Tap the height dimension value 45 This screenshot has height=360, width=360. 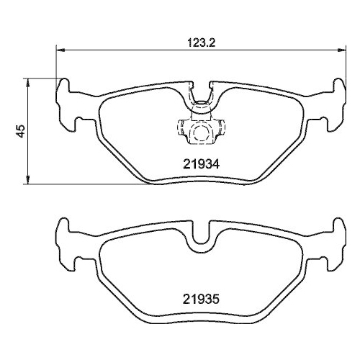pyautogui.click(x=22, y=130)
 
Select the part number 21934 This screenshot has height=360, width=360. pyautogui.click(x=198, y=163)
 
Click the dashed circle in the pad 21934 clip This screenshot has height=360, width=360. pyautogui.click(x=199, y=131)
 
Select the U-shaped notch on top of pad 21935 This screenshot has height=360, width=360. pyautogui.click(x=199, y=236)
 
